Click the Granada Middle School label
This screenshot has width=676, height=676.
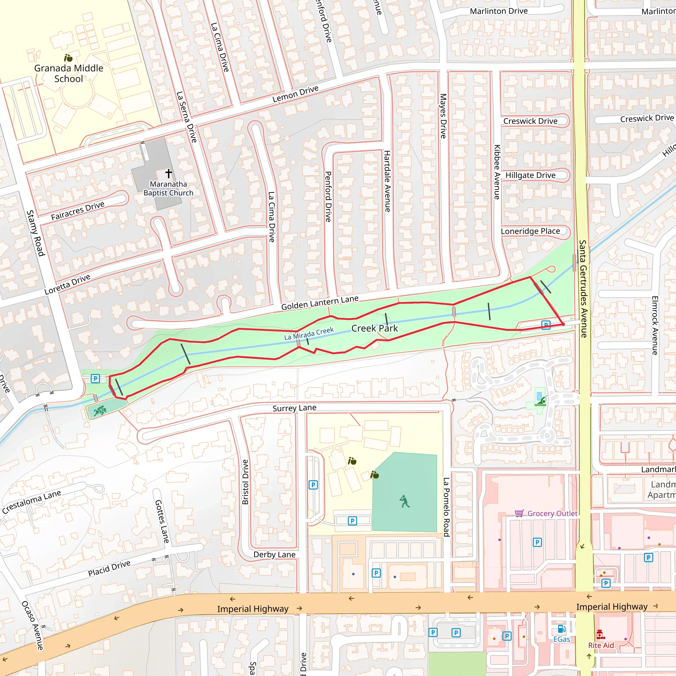click(69, 73)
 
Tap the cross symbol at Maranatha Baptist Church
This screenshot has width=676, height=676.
click(169, 173)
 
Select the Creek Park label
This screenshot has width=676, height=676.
click(374, 328)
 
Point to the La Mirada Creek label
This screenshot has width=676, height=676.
click(309, 333)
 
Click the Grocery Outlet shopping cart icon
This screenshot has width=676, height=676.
click(519, 513)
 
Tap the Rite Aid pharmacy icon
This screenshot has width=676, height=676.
click(600, 634)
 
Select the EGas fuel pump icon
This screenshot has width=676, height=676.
click(561, 629)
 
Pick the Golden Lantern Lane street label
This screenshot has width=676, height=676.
click(320, 303)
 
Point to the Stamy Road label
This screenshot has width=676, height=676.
click(36, 233)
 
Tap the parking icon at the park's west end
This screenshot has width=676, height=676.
click(95, 378)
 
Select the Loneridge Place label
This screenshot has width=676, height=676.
click(530, 231)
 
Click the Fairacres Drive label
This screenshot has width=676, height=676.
click(78, 211)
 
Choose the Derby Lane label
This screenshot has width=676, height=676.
click(274, 555)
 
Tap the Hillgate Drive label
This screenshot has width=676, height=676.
click(530, 175)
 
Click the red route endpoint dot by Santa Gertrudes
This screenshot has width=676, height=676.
click(563, 324)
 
